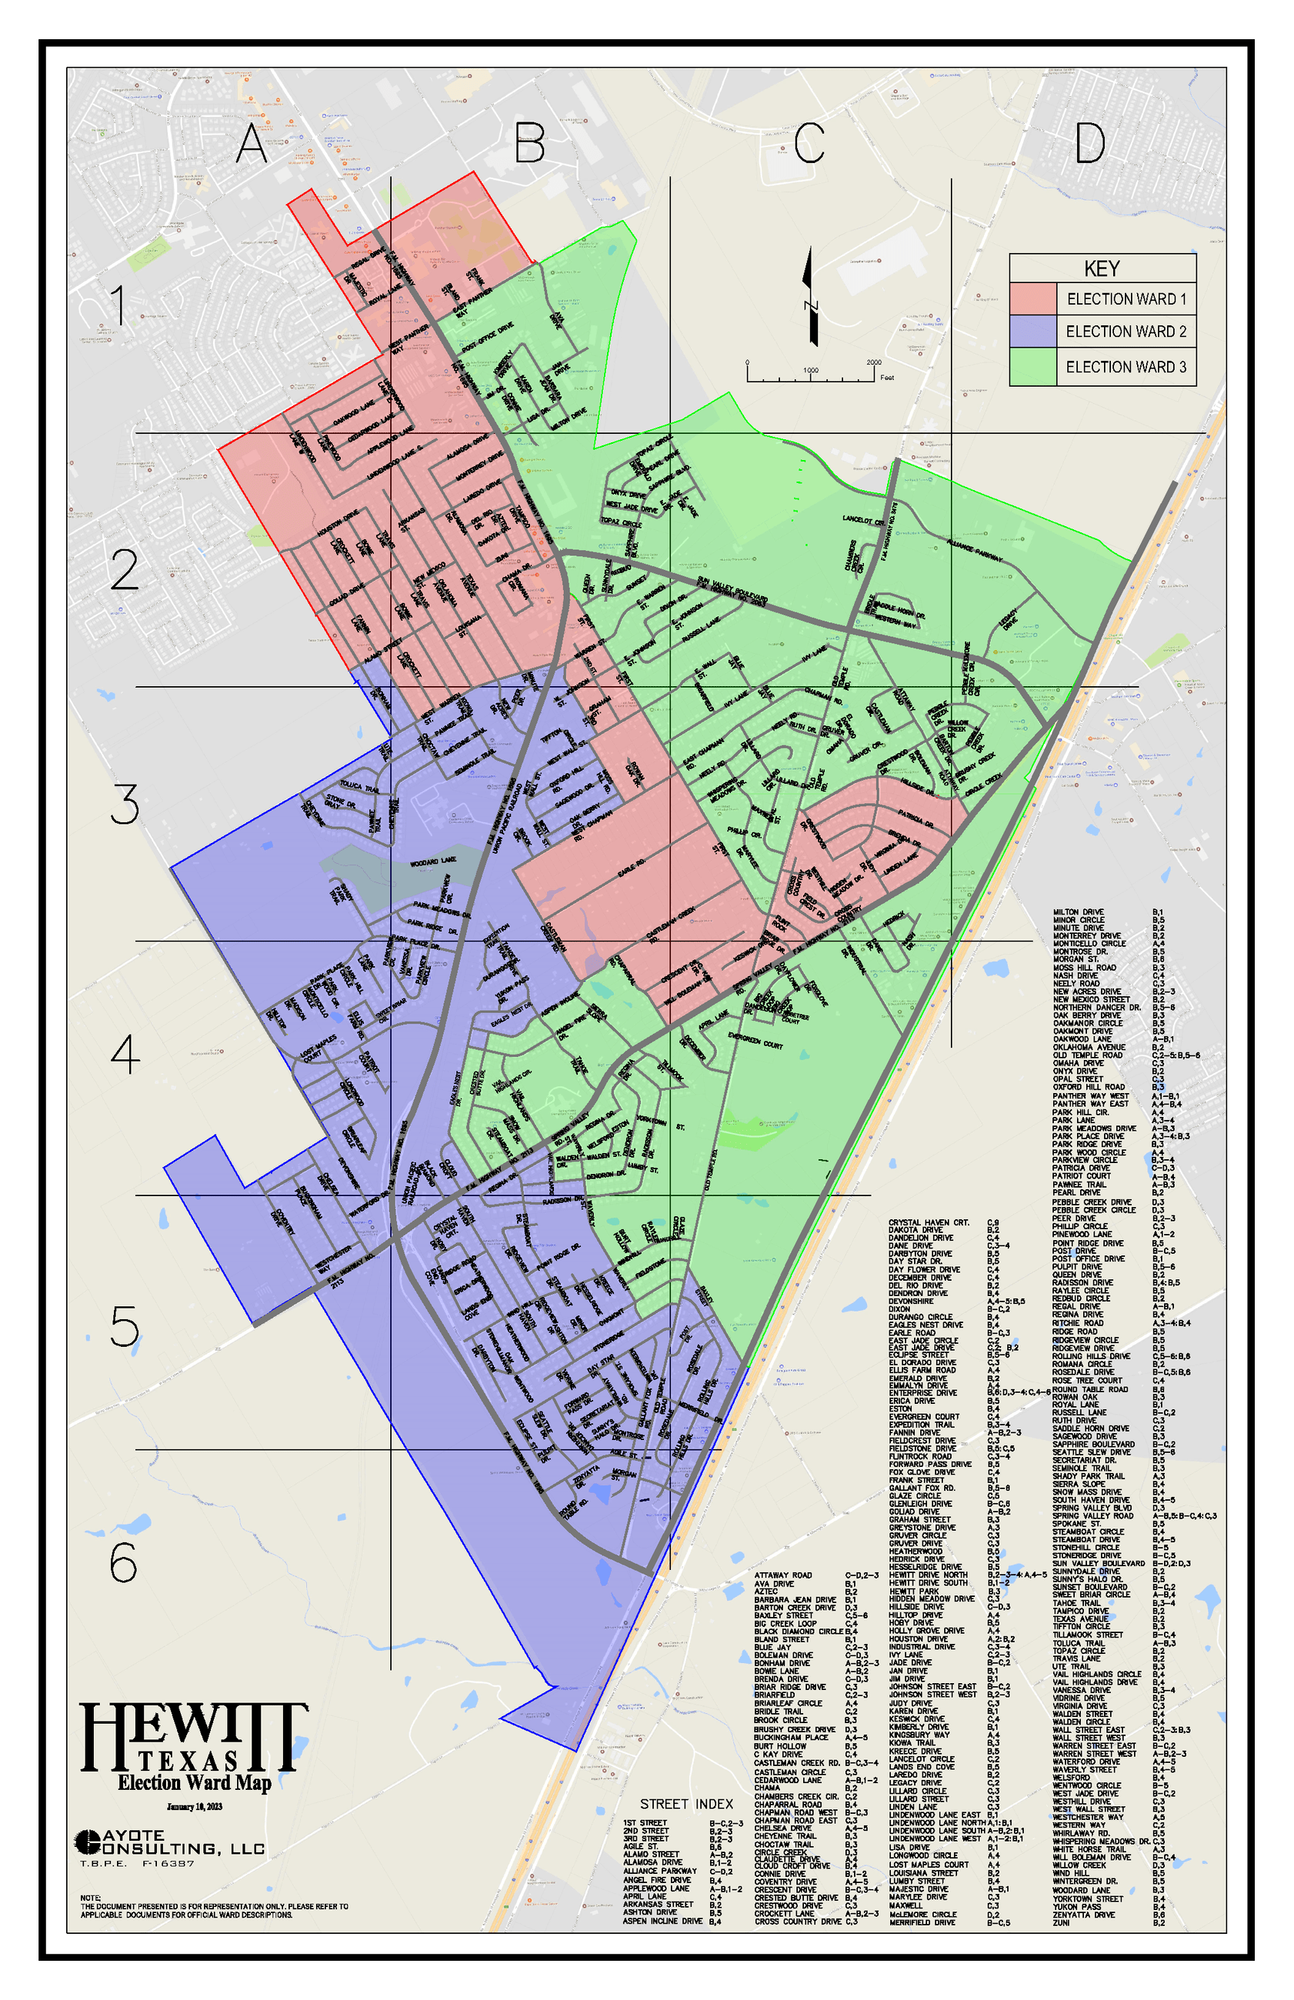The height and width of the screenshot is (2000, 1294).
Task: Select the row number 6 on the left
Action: click(x=125, y=1562)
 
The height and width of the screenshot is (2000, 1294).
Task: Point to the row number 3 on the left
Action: click(x=125, y=805)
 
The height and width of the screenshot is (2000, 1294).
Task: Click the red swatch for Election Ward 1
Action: click(x=1032, y=299)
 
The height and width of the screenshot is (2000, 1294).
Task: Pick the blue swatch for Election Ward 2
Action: click(x=1032, y=332)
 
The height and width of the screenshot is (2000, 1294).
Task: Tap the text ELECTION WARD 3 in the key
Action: click(x=1126, y=367)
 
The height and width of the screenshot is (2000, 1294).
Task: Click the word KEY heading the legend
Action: click(x=1102, y=268)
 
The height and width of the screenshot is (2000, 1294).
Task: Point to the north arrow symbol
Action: click(x=810, y=296)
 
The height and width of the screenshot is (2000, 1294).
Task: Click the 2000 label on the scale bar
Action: click(x=874, y=363)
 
